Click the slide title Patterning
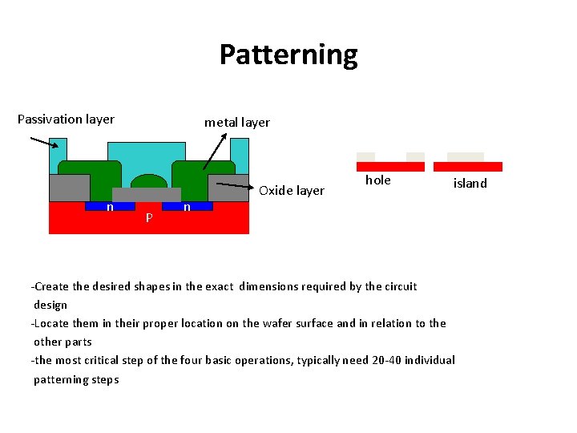[288, 55]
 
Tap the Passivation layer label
[66, 119]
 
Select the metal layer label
[237, 123]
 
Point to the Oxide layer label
[292, 191]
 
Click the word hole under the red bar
[378, 180]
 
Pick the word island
[470, 184]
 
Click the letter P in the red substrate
[149, 218]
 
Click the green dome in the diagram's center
[148, 181]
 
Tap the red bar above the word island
[468, 167]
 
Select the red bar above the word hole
[390, 167]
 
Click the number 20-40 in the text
[389, 361]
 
